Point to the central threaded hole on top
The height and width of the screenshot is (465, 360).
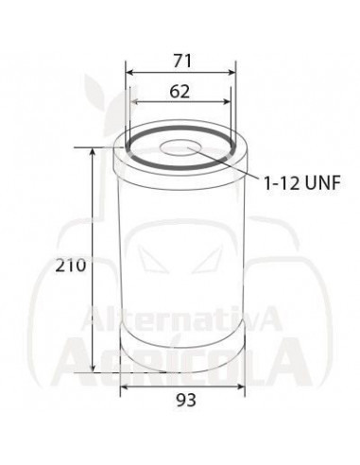click(x=180, y=148)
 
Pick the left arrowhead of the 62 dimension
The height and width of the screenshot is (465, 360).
click(x=136, y=102)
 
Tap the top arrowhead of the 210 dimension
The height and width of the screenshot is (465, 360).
click(x=93, y=152)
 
